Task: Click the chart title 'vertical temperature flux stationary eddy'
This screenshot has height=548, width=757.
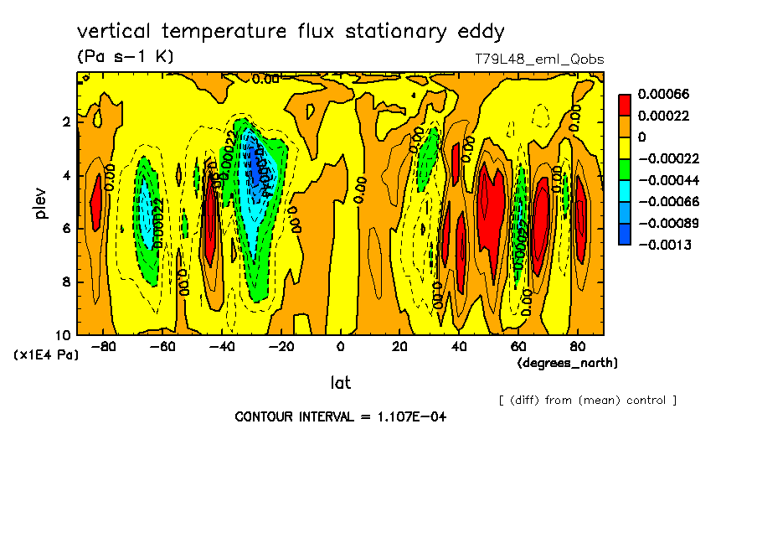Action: tap(291, 32)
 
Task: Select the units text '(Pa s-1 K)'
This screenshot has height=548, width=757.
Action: tap(125, 57)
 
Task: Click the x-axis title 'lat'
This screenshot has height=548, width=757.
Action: tap(340, 383)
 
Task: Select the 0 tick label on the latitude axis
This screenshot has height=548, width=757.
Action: tap(340, 347)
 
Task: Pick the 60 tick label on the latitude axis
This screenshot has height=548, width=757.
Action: tap(518, 347)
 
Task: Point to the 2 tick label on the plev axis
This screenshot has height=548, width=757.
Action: tap(67, 121)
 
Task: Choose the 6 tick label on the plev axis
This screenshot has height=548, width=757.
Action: tap(67, 229)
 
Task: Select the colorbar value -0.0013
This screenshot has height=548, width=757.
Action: tap(661, 245)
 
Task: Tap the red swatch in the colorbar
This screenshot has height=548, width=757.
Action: tap(625, 105)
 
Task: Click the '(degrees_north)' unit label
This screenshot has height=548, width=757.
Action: tap(568, 363)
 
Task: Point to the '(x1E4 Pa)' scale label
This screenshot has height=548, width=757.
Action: tap(48, 355)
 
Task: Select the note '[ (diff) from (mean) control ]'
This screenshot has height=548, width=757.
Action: tap(587, 400)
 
